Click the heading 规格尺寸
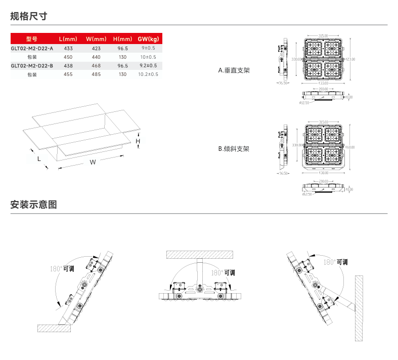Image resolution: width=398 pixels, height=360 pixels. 29,16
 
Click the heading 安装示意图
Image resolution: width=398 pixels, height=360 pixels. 34,205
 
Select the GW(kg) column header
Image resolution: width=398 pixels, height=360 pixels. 148,39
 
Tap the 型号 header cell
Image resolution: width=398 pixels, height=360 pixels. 32,39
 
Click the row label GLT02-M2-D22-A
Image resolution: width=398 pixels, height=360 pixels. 32,48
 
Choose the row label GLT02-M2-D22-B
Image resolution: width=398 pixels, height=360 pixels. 32,65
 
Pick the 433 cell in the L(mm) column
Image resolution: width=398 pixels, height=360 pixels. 68,48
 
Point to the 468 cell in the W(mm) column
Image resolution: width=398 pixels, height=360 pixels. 96,65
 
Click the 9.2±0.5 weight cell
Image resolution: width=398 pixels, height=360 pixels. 148,65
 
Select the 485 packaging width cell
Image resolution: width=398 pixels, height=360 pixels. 96,74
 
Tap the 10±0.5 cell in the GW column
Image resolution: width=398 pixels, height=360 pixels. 148,57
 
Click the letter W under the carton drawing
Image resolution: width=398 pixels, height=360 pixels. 93,162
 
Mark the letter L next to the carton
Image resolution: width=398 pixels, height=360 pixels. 39,158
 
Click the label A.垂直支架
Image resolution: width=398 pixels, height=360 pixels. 234,70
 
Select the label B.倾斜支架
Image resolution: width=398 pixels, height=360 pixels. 234,149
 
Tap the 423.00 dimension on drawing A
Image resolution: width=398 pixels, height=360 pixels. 350,59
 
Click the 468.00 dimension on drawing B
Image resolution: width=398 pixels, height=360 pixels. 350,147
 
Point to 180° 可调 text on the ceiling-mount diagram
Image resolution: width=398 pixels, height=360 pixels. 223,272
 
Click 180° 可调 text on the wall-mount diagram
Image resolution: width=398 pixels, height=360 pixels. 335,262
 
